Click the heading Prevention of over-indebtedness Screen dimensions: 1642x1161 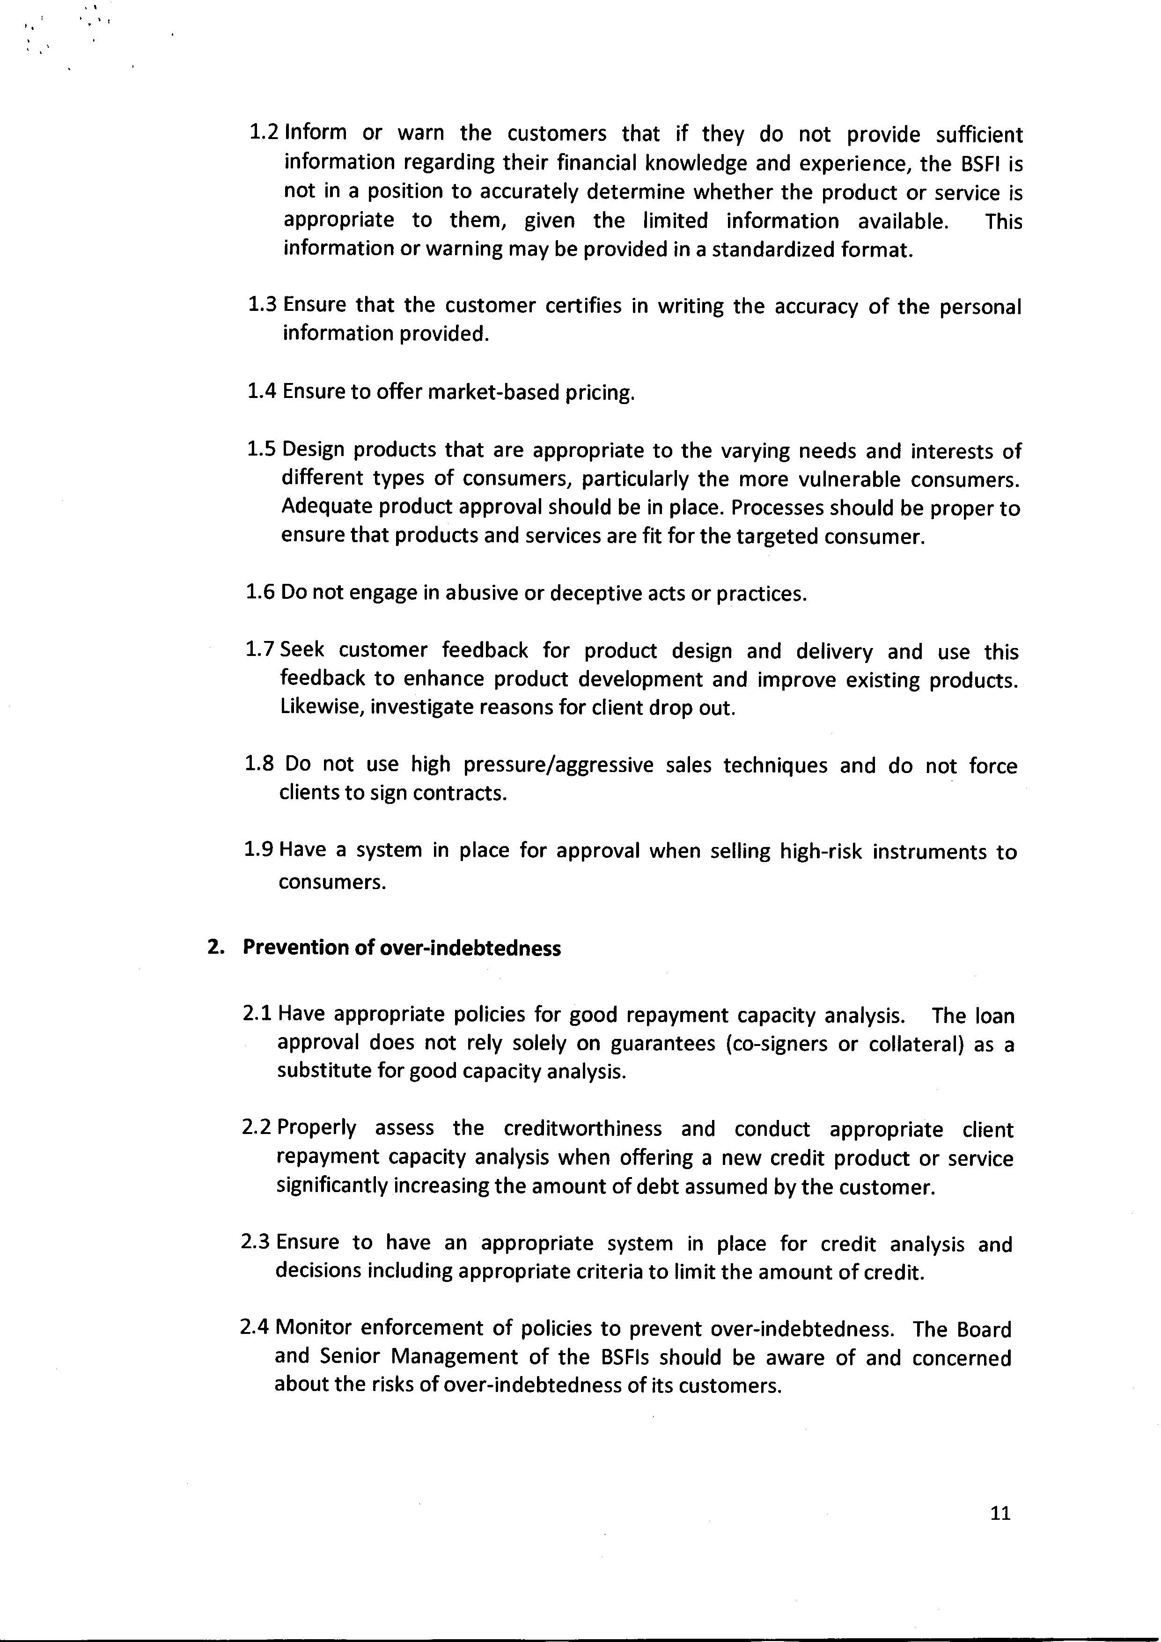(402, 948)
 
